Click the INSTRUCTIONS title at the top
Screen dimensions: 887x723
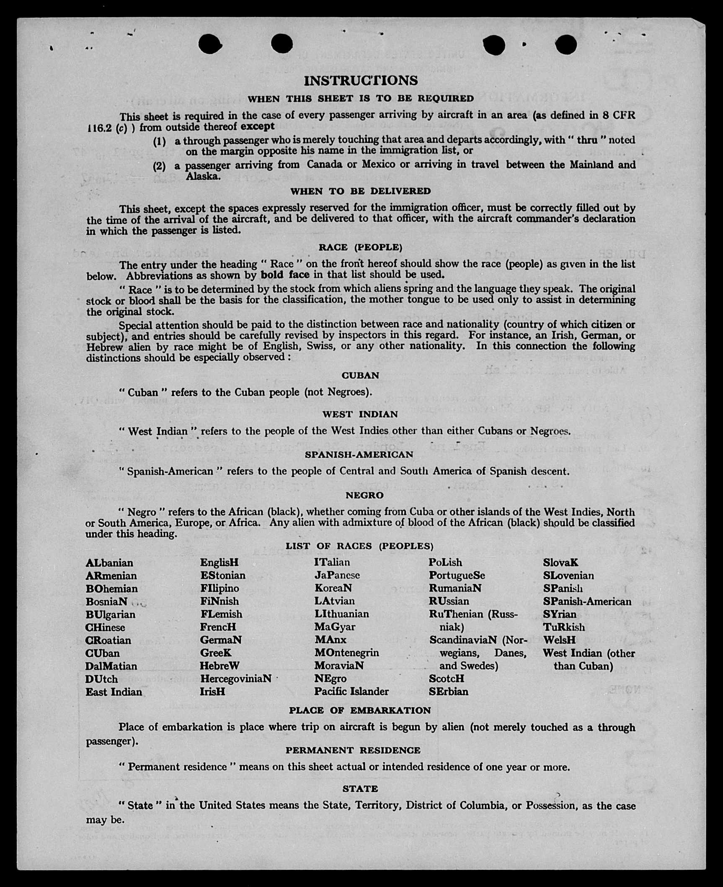(x=361, y=80)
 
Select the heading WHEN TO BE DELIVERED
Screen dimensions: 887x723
(x=361, y=191)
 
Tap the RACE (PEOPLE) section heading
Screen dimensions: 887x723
(x=360, y=247)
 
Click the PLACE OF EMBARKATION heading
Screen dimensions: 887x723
(x=360, y=710)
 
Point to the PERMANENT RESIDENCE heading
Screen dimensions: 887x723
(x=353, y=750)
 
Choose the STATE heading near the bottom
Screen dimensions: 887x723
(x=360, y=789)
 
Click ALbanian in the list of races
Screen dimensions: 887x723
(x=109, y=563)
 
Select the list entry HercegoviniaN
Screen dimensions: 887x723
(x=236, y=678)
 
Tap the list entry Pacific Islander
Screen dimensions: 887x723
(x=351, y=691)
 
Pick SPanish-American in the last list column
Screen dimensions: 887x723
(x=587, y=601)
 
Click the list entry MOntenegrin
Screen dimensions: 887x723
(x=347, y=653)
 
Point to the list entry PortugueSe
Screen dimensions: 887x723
(x=457, y=575)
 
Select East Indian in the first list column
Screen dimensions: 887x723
(x=114, y=692)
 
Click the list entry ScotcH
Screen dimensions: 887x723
(x=447, y=678)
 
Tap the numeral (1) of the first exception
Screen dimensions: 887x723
(x=159, y=141)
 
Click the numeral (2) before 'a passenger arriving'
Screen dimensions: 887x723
(x=159, y=166)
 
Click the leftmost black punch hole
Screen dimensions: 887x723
(x=209, y=44)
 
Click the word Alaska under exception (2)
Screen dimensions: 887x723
(x=203, y=176)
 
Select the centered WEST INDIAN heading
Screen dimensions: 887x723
(x=360, y=414)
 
